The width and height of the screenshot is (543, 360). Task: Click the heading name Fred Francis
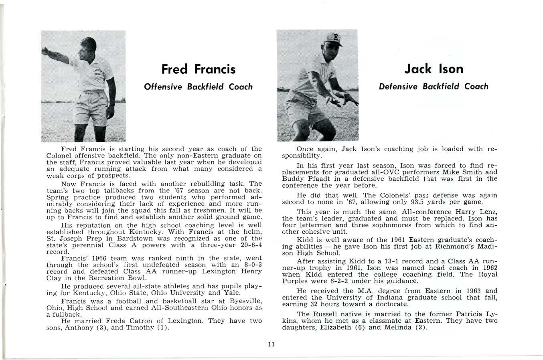click(198, 69)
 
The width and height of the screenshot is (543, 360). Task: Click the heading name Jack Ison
click(434, 69)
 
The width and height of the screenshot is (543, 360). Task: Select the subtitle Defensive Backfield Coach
click(434, 86)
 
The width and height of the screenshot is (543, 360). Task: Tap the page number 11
click(271, 344)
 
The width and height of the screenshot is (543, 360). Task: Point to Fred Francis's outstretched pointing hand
click(45, 52)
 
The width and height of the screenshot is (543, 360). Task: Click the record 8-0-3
click(247, 265)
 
